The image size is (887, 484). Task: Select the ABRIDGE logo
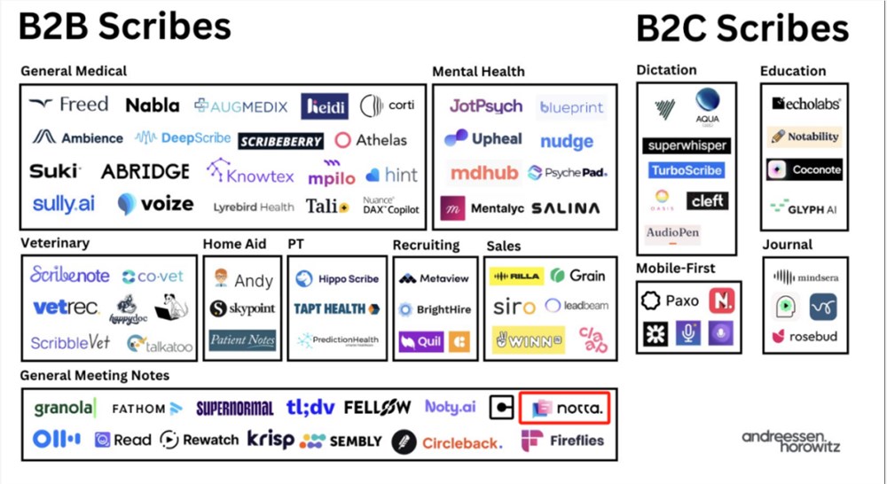point(145,171)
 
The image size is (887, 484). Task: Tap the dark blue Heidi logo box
point(324,106)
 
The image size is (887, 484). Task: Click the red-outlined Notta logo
point(566,408)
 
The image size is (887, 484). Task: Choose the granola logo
point(64,408)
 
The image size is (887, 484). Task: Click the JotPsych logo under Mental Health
point(485,106)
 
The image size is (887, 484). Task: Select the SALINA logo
point(565,208)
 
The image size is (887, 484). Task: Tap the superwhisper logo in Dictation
point(687,144)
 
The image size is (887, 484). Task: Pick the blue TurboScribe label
point(686,170)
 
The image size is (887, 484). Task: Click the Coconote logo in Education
point(804,169)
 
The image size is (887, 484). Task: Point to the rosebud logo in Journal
point(804,336)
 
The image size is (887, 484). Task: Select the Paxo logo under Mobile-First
point(671,301)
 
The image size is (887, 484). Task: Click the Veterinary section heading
point(55,242)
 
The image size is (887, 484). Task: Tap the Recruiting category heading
point(426,245)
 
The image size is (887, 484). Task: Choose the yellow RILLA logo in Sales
point(516,277)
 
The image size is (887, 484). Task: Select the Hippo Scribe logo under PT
point(337,278)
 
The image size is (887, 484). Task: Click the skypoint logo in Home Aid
point(243,308)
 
